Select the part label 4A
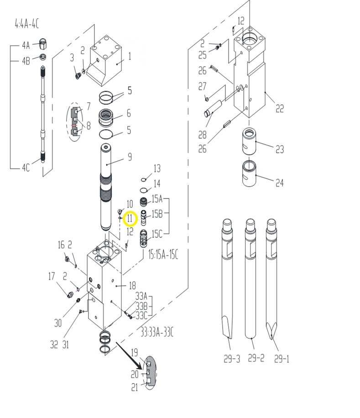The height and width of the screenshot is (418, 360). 26,45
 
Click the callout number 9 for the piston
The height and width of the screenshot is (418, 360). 130,157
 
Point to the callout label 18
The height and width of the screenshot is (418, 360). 132,286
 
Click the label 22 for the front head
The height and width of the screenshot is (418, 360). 279,109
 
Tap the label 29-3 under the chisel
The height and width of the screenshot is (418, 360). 232,359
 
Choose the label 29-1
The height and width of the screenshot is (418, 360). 282,359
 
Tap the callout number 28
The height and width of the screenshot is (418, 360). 202,135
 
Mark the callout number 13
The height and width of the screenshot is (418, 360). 157,169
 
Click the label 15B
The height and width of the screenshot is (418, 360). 157,213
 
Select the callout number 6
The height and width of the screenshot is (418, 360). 129,113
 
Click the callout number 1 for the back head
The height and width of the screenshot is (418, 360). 130,57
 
